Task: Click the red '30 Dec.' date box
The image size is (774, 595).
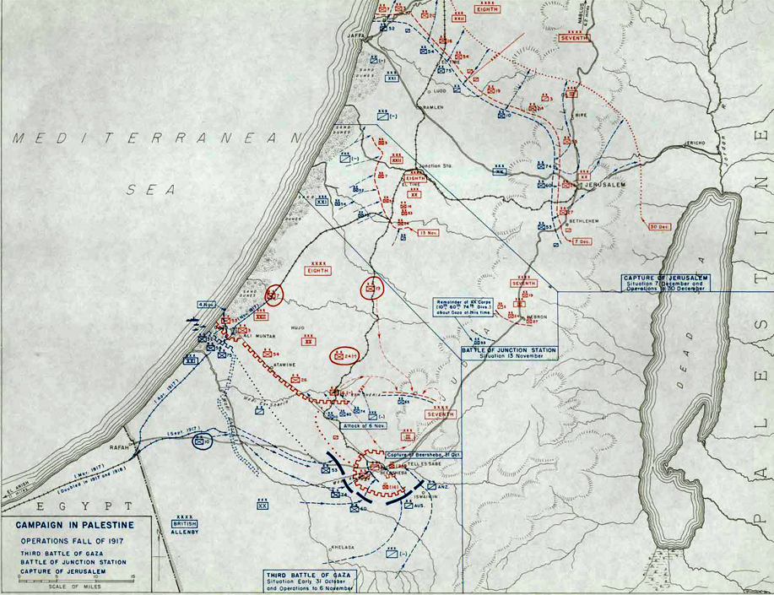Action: [x=661, y=226]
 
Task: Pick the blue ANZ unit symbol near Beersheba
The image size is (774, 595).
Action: [x=432, y=486]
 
